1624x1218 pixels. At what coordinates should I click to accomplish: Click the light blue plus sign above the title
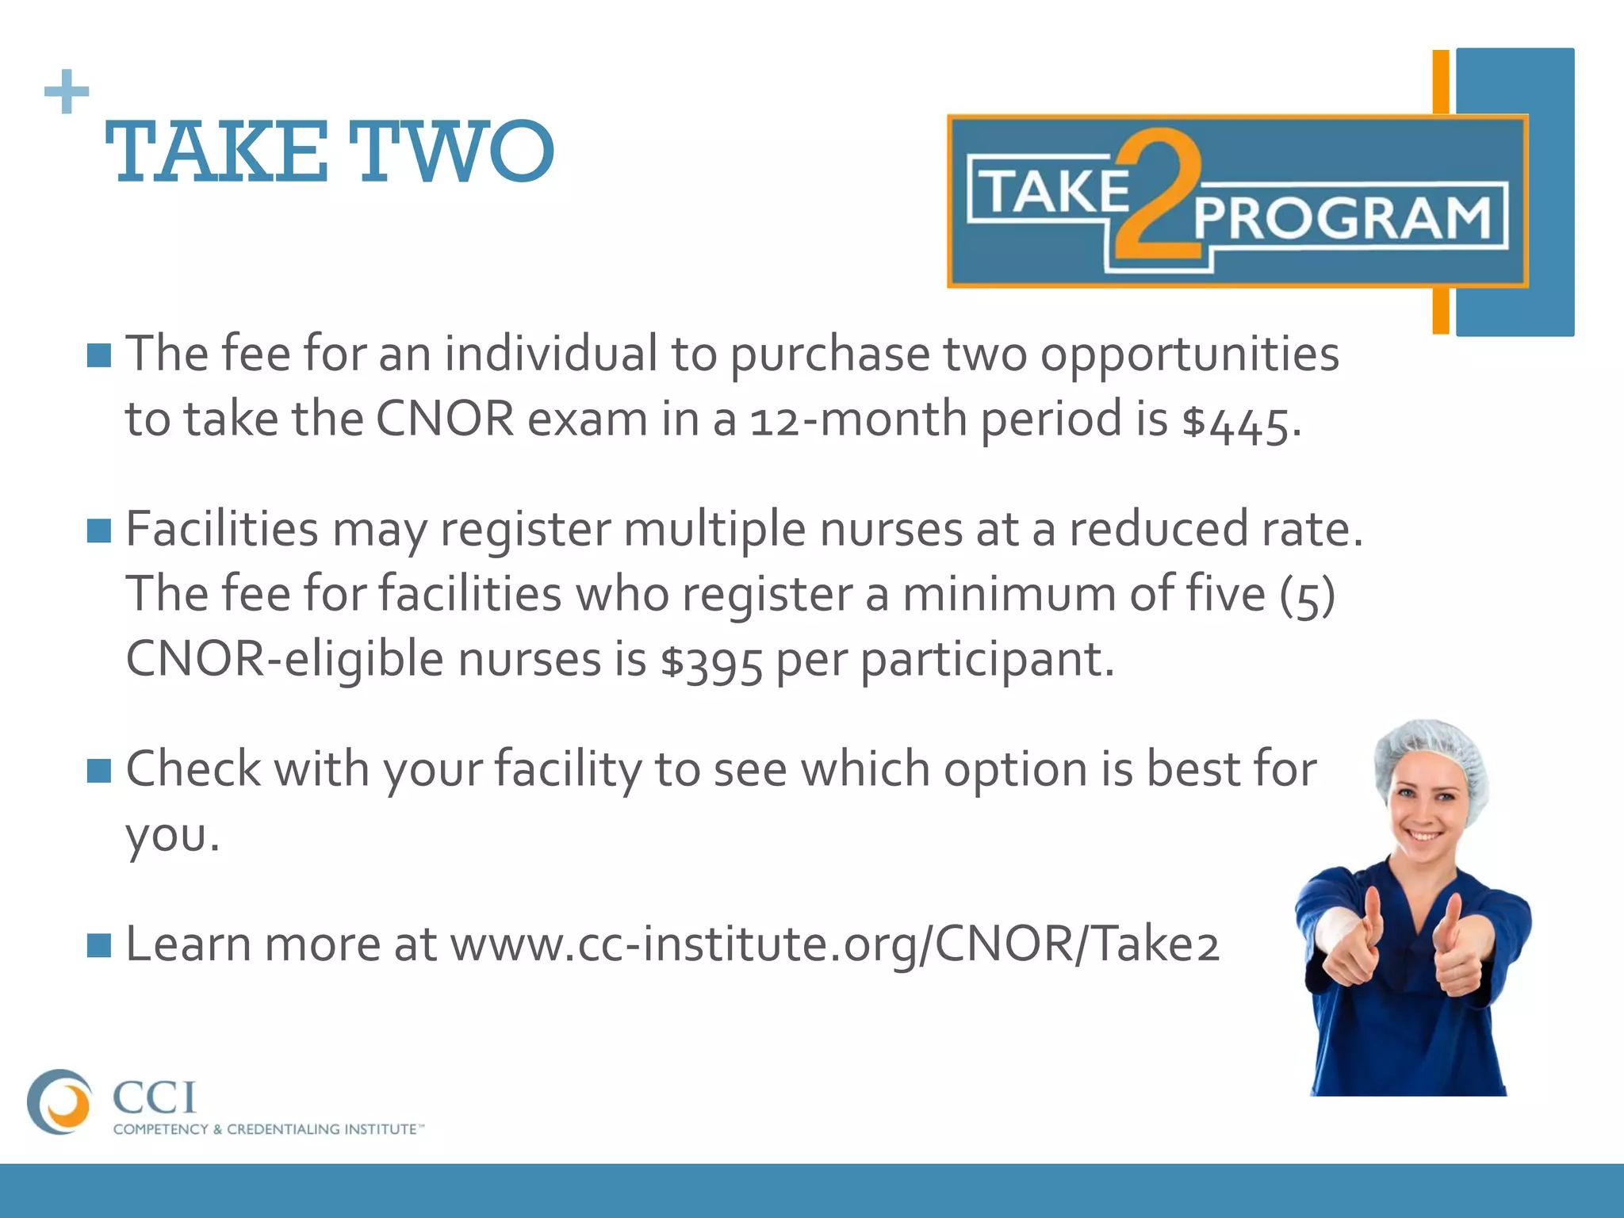67,92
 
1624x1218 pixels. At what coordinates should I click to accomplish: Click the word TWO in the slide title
451,151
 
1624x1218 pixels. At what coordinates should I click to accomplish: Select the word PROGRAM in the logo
1342,218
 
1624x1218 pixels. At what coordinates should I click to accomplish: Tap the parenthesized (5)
1307,595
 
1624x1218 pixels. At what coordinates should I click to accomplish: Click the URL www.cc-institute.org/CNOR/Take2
834,944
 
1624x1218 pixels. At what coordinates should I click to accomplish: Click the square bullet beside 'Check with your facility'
99,769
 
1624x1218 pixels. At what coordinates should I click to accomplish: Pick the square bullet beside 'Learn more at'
99,944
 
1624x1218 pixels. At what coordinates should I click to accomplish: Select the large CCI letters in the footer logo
154,1097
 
